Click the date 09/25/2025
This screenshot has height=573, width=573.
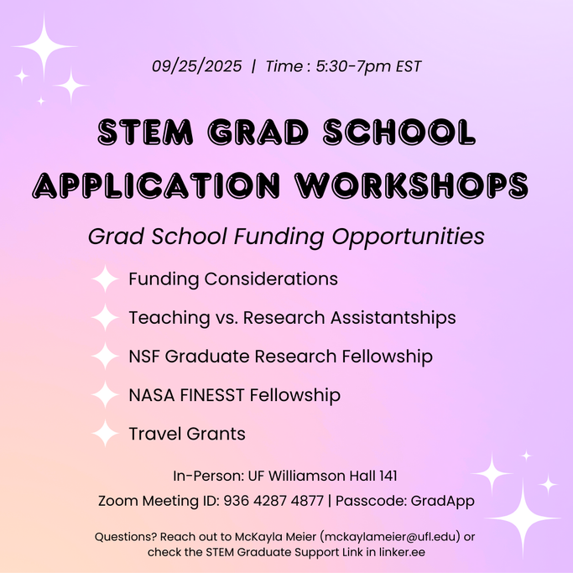click(x=196, y=66)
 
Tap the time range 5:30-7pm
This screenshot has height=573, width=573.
click(x=354, y=66)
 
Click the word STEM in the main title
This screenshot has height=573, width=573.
click(x=145, y=132)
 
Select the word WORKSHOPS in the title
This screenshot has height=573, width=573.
click(x=412, y=185)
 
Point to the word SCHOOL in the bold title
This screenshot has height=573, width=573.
click(x=399, y=132)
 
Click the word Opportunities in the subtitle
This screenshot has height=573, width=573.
click(x=408, y=237)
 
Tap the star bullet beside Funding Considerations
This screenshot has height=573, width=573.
click(x=105, y=279)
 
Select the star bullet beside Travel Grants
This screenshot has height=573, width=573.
click(x=105, y=434)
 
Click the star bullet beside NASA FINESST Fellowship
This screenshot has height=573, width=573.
click(x=105, y=394)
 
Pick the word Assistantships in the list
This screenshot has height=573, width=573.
click(x=393, y=318)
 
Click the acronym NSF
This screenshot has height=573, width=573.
click(x=144, y=357)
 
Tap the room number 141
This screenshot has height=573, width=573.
click(x=388, y=476)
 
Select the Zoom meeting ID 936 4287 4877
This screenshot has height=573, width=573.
click(x=273, y=501)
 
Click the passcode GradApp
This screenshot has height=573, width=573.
click(x=442, y=501)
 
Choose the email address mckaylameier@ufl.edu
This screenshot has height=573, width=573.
click(x=390, y=537)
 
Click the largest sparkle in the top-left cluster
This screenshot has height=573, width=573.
click(x=44, y=46)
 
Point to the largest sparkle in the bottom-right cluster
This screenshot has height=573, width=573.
click(x=524, y=518)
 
